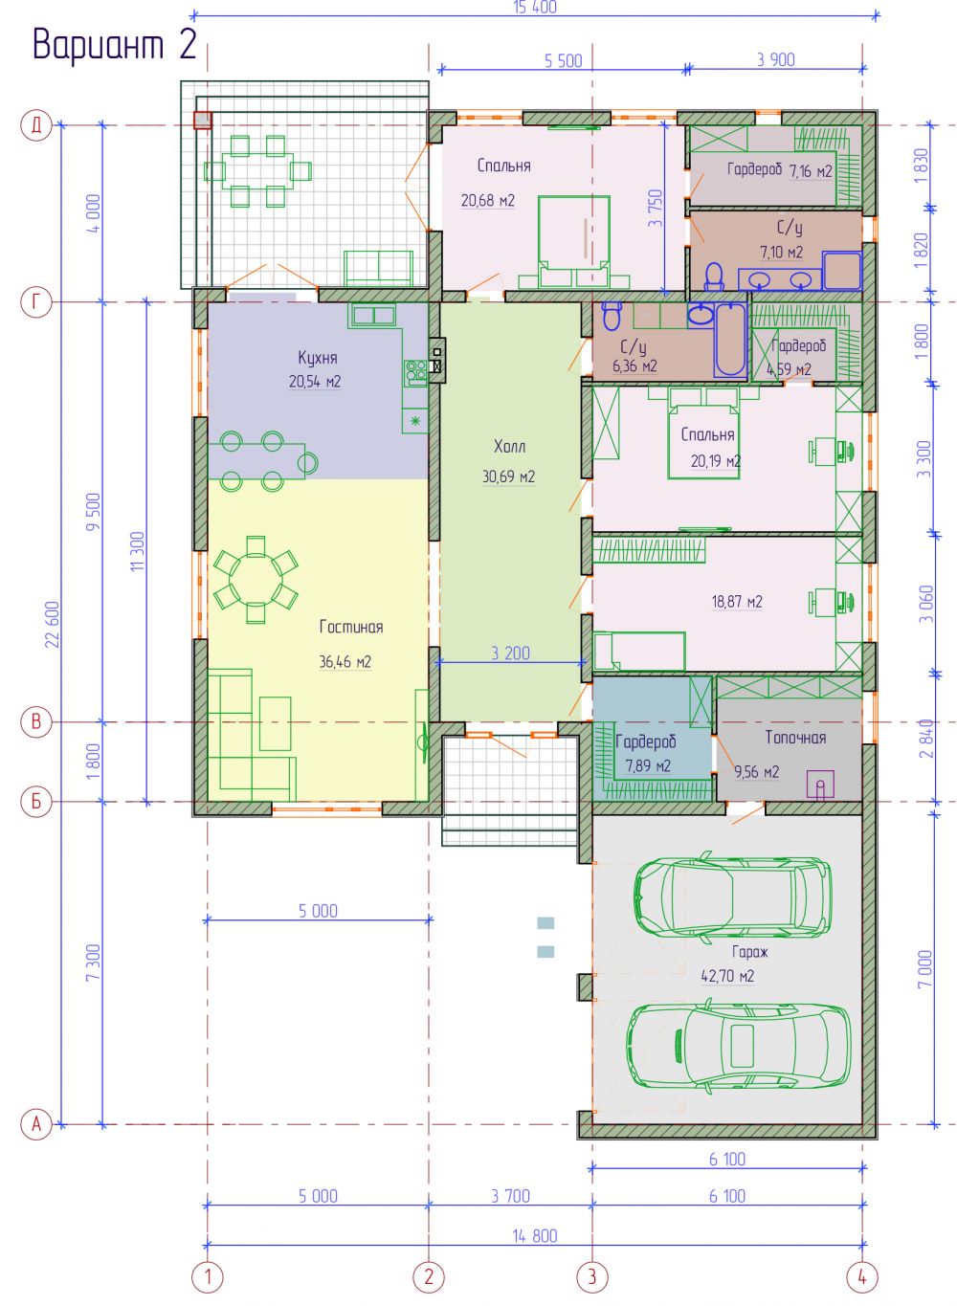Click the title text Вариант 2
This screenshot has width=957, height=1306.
tap(114, 44)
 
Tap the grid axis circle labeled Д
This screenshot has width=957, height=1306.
tap(36, 124)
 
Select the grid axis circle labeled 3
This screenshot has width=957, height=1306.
tap(592, 1276)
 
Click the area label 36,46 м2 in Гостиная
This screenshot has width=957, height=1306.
tap(345, 662)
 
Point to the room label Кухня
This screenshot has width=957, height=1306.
tap(318, 358)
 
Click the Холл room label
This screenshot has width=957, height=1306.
tap(510, 447)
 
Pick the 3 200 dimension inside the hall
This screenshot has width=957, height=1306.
tap(510, 653)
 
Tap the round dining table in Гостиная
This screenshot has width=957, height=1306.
tap(256, 580)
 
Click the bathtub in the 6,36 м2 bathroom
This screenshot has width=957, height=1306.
tap(730, 340)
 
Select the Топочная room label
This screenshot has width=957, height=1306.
tap(795, 738)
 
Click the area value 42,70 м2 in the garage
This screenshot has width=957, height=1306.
tap(727, 976)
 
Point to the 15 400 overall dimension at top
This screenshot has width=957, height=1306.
tap(535, 8)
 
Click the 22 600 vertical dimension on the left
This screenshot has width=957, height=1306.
tap(53, 624)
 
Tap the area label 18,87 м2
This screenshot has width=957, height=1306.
tap(737, 601)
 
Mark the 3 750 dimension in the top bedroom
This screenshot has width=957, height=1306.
tap(657, 208)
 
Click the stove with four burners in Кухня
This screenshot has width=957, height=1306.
tap(415, 371)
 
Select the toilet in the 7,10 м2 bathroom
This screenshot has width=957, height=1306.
tap(713, 277)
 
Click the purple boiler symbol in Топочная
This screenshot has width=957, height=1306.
tap(820, 785)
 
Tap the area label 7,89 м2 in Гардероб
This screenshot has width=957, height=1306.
tap(648, 765)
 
